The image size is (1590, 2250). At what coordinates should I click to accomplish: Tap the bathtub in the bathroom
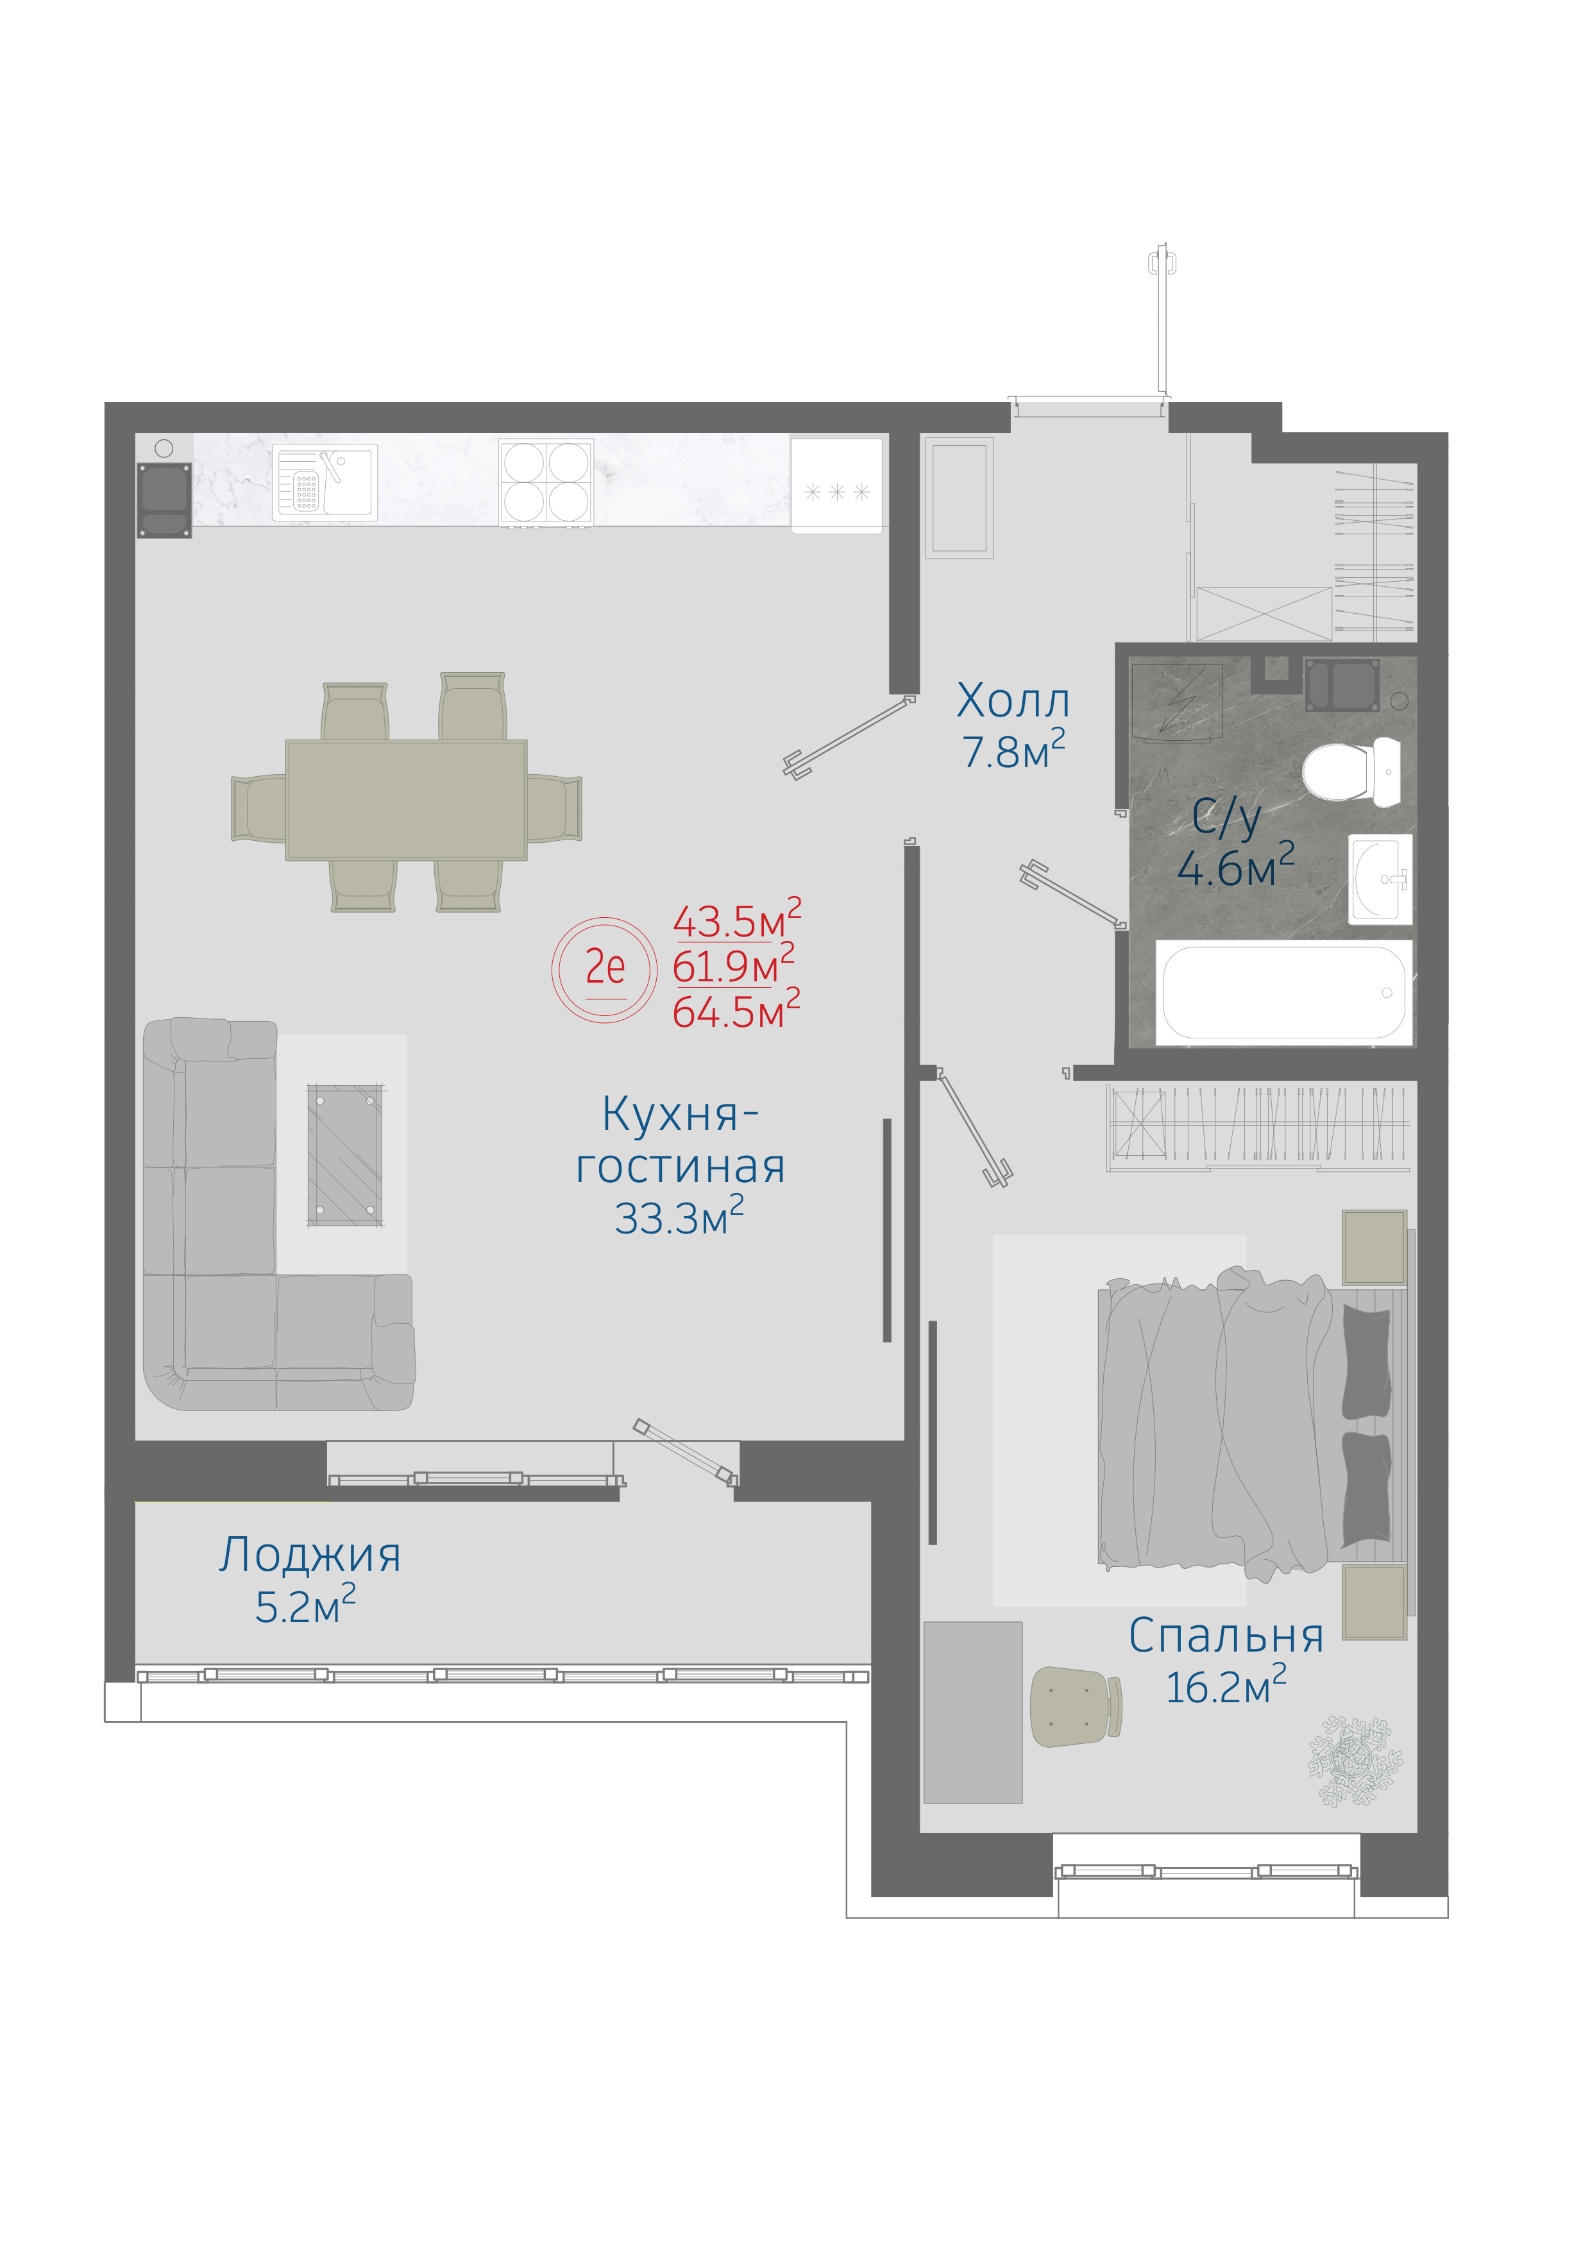(1283, 993)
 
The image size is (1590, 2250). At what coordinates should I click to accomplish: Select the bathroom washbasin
(1380, 879)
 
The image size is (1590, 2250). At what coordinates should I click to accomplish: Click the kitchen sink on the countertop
(325, 482)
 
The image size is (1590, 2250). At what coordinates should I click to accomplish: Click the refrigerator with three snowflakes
(836, 485)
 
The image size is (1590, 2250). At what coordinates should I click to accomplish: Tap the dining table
(407, 800)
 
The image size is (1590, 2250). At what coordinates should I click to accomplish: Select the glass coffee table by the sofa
(345, 1155)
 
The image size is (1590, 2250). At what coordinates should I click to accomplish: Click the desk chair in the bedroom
(1075, 1706)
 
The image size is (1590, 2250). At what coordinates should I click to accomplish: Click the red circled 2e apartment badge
(604, 969)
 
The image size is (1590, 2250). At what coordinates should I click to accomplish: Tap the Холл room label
(1013, 700)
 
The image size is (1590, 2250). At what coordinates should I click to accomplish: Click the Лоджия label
(310, 1555)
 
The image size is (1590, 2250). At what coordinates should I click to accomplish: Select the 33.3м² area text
(679, 1216)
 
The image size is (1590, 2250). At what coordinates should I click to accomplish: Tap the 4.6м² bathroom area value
(1235, 865)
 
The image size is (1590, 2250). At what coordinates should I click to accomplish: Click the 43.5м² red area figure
(737, 918)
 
